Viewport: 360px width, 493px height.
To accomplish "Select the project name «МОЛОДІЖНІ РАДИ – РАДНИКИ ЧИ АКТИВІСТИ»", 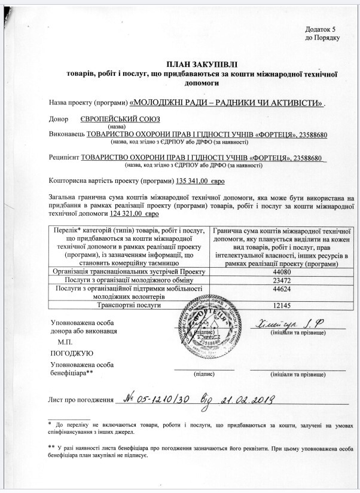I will point(227,102).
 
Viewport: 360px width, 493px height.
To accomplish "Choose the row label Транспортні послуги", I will point(130,305).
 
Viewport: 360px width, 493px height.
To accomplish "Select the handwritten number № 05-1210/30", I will point(156,399).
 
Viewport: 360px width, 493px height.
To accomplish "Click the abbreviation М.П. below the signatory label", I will point(65,341).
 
